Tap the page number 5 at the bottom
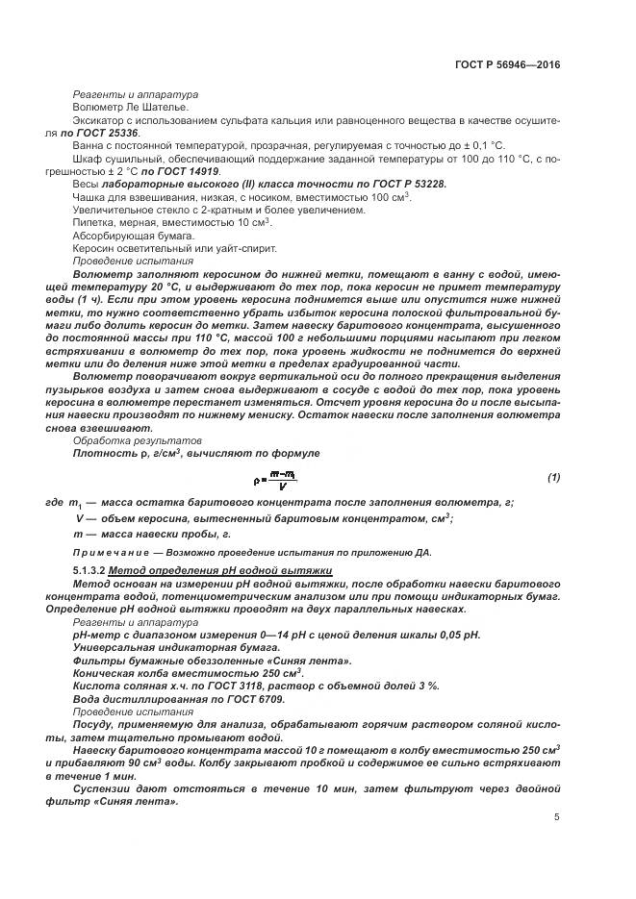coord(557,817)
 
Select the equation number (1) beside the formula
coord(553,477)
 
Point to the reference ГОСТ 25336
coord(113,132)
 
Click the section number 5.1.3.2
coord(89,571)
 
